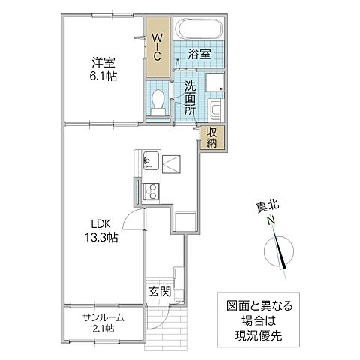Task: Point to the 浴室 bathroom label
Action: pyautogui.click(x=198, y=55)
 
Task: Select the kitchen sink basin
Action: pyautogui.click(x=148, y=160)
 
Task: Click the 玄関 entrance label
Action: pyautogui.click(x=157, y=291)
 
